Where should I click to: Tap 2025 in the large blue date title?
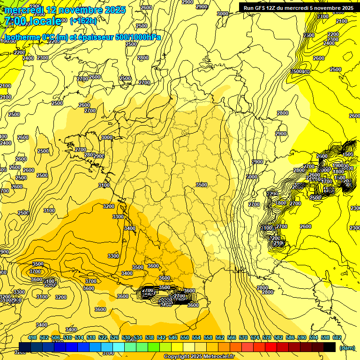click(x=113, y=10)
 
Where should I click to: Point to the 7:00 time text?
click(x=14, y=21)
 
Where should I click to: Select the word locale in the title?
click(x=45, y=21)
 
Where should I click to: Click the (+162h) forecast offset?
click(x=83, y=21)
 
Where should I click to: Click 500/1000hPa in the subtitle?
click(x=137, y=37)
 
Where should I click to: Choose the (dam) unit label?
click(x=347, y=348)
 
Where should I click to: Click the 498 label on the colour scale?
click(x=32, y=338)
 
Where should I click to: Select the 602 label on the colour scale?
click(x=337, y=338)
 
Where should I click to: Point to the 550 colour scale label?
click(x=184, y=338)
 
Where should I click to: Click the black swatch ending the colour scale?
click(x=330, y=347)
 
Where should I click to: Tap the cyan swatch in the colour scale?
click(x=119, y=347)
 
